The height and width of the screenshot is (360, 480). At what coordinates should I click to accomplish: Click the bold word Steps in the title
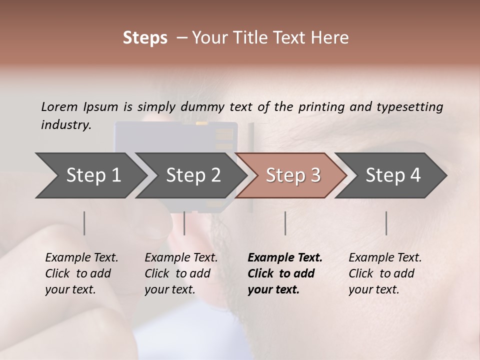(x=145, y=37)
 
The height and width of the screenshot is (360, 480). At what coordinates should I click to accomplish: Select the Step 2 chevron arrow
(x=192, y=175)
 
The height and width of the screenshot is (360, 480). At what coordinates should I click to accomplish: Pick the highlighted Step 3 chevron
(x=292, y=175)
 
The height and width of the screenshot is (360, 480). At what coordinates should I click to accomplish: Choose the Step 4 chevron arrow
(x=392, y=175)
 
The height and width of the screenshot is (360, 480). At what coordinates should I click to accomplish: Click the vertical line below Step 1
(x=84, y=223)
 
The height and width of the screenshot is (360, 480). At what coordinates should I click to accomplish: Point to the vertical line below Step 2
(x=184, y=223)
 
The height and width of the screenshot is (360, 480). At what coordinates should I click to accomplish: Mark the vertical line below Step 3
(x=285, y=223)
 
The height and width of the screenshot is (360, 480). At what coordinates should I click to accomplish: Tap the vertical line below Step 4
(x=386, y=223)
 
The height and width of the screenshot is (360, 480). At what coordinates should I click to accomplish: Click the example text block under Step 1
(x=81, y=273)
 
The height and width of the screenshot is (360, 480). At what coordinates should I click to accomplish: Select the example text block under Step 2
(x=181, y=273)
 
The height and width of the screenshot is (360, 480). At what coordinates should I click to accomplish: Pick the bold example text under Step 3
(x=285, y=273)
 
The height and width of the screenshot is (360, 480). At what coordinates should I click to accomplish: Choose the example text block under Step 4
(x=385, y=273)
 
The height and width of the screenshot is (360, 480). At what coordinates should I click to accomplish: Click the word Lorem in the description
(x=59, y=106)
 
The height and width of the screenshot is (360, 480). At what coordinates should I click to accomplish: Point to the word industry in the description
(x=65, y=125)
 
